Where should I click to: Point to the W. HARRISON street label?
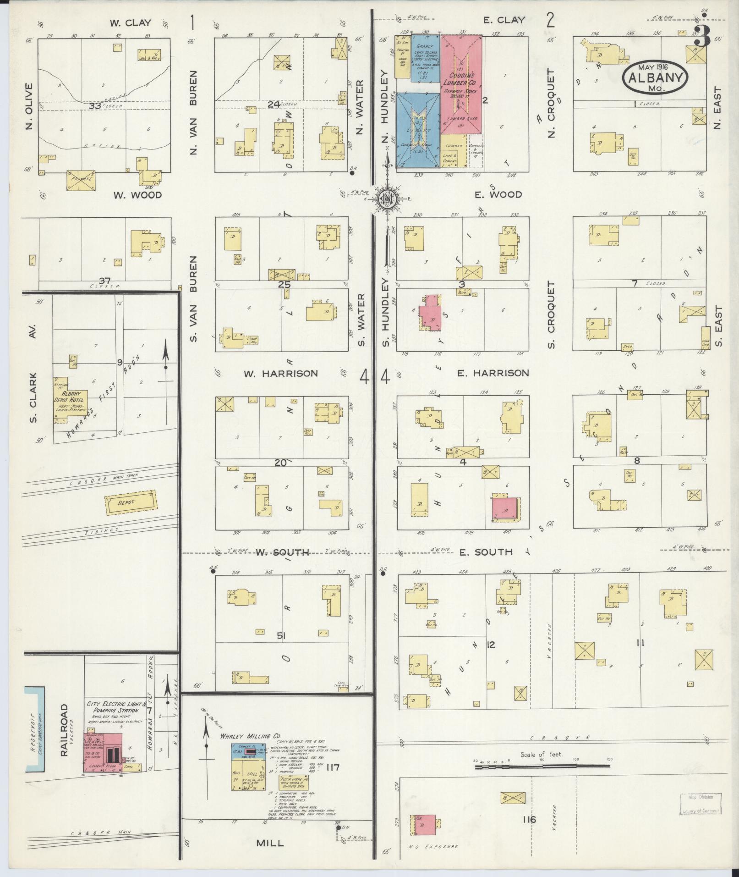pos(280,374)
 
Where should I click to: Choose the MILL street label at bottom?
pos(270,843)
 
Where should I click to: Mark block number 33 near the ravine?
pos(95,106)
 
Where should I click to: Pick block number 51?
pos(281,635)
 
